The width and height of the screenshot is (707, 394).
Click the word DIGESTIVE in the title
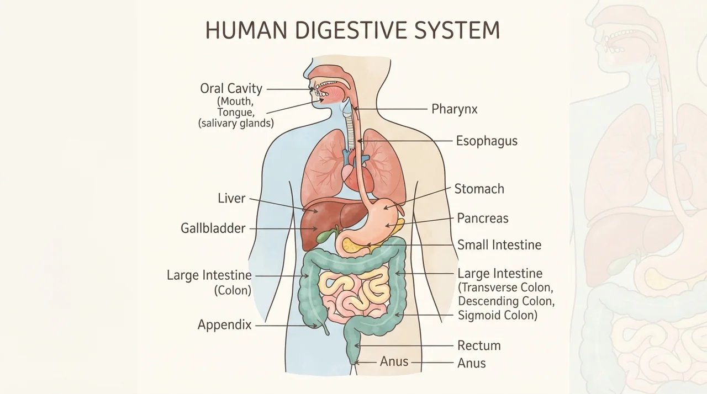pos(351,30)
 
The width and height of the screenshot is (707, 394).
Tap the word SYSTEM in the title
pos(457,30)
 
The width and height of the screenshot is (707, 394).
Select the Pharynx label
pos(454,109)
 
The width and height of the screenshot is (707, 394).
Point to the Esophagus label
pos(487,141)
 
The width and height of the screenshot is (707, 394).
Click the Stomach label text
pos(479,189)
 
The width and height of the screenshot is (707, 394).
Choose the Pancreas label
pos(483,218)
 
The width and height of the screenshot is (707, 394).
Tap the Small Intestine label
pos(499,245)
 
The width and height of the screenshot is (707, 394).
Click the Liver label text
pos(231,198)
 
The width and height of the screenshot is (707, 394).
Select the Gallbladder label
pos(213,228)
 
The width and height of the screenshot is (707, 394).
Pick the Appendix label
pos(224,324)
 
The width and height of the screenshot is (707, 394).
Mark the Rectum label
pos(479,345)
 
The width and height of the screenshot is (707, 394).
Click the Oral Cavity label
pos(231,89)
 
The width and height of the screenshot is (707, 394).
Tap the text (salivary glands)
pos(236,123)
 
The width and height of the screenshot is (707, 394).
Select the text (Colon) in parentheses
pos(233,290)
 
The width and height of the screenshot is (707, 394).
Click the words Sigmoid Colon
pos(498,315)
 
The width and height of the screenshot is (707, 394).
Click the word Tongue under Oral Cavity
pos(235,112)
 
